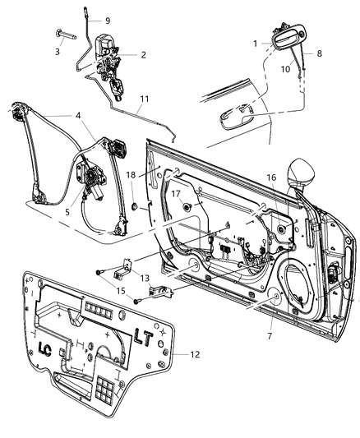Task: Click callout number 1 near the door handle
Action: point(255,43)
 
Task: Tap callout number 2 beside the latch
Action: point(143,55)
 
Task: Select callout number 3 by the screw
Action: point(57,52)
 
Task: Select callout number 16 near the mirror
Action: point(271,177)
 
